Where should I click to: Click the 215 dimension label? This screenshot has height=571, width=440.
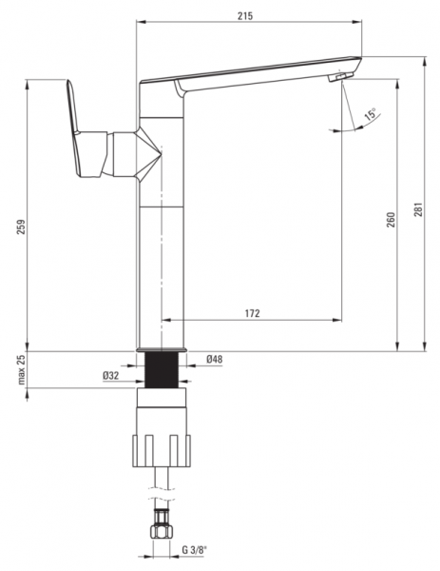point(245,16)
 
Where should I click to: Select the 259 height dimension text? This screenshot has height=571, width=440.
point(22,226)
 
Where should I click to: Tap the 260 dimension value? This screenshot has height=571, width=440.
point(391,220)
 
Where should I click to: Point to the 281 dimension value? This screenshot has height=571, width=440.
point(419,209)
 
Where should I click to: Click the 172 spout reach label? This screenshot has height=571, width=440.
point(253,313)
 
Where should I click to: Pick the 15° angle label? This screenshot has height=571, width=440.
point(371,114)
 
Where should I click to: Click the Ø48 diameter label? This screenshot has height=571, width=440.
point(214,360)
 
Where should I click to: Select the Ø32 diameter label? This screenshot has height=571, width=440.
point(110,376)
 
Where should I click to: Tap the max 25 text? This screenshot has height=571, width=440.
point(22,369)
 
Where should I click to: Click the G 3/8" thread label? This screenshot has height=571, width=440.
point(194,561)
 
